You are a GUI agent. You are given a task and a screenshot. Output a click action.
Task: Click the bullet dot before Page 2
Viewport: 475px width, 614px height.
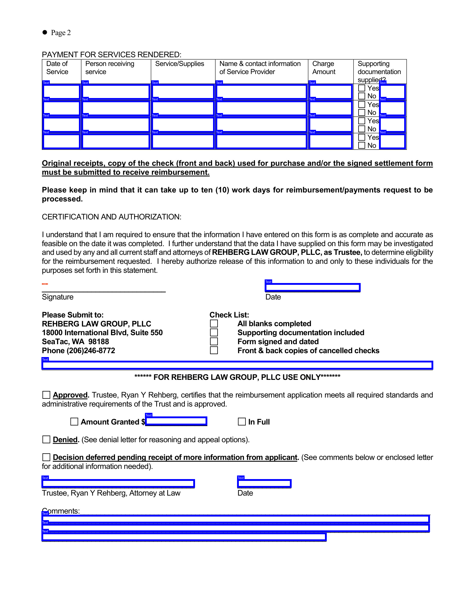(x=45, y=32)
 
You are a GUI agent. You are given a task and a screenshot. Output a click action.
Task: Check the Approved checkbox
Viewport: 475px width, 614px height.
(x=46, y=395)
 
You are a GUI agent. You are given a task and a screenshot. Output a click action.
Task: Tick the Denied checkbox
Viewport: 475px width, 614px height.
(x=46, y=440)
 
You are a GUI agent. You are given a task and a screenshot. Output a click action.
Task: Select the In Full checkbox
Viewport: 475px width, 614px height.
(x=242, y=422)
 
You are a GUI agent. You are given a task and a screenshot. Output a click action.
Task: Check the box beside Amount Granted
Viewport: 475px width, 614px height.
(x=74, y=422)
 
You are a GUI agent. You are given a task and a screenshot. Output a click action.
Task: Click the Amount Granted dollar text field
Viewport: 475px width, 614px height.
(x=176, y=421)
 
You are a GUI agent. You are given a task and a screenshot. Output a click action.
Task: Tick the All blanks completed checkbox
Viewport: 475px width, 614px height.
(x=214, y=323)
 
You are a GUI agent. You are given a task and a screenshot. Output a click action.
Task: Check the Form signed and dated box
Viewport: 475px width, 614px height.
(x=214, y=341)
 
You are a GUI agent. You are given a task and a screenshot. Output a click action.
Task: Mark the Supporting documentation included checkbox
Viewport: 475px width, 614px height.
(x=214, y=332)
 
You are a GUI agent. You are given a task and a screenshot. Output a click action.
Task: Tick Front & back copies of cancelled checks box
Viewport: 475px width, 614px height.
(x=214, y=350)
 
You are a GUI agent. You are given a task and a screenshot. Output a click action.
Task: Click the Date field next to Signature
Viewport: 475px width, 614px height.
(x=312, y=288)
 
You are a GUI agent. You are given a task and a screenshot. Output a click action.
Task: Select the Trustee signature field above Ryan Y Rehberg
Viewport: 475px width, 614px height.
(x=118, y=483)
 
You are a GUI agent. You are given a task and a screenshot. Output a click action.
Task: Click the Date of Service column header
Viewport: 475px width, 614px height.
(x=57, y=68)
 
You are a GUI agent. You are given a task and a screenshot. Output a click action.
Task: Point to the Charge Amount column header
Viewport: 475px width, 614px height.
(x=324, y=68)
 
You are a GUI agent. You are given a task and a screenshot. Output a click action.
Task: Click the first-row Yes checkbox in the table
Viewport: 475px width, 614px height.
(x=362, y=88)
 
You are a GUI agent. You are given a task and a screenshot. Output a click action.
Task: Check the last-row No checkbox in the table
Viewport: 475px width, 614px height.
(x=362, y=145)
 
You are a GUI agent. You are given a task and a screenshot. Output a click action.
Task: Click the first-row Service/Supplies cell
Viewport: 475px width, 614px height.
(x=183, y=92)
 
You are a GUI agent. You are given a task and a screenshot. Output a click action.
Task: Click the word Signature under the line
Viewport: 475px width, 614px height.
(x=58, y=297)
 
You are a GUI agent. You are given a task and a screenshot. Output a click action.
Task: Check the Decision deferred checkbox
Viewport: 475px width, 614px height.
(x=46, y=457)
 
